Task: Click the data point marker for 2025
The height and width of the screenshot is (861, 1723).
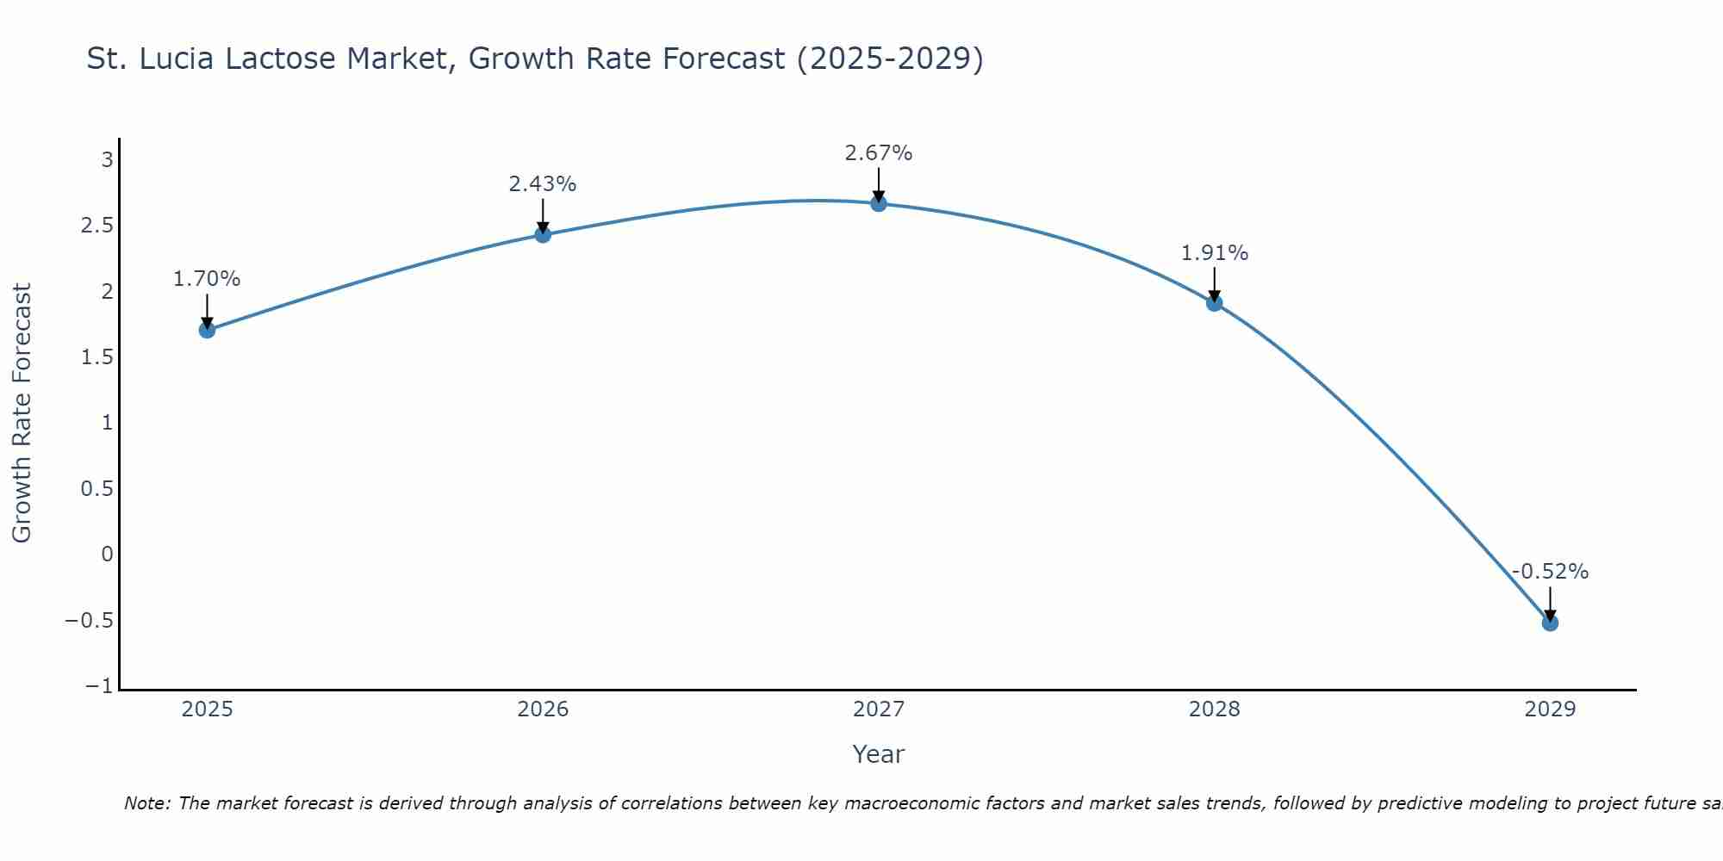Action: point(207,330)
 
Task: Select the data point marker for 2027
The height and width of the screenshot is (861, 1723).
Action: point(879,204)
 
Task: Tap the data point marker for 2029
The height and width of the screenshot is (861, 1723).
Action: point(1550,623)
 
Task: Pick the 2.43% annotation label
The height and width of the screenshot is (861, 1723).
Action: point(542,184)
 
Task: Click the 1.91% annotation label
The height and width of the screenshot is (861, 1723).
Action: point(1214,253)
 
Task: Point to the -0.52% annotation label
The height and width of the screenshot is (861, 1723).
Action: point(1550,572)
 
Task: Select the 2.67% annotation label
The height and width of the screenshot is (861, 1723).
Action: point(878,153)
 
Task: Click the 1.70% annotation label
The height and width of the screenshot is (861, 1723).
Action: point(207,279)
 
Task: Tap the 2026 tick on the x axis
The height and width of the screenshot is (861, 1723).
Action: point(543,709)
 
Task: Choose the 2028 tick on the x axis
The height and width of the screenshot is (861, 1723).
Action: point(1214,709)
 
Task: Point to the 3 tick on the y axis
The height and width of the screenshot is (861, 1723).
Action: point(107,159)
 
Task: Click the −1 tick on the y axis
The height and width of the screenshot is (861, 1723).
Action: point(99,686)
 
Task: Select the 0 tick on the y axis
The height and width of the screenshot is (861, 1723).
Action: point(107,554)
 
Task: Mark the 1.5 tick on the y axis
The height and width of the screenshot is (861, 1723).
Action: point(96,357)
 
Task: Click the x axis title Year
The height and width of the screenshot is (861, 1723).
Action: point(878,754)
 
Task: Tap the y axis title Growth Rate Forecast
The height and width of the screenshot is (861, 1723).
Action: point(22,412)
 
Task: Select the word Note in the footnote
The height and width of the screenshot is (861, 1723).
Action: point(146,803)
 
